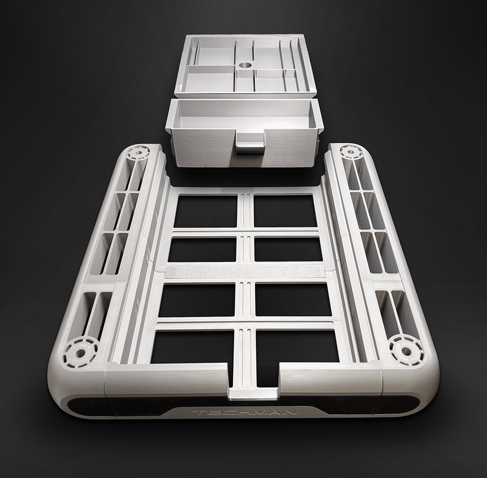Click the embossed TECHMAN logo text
tap(245, 412)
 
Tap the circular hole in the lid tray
tap(246, 66)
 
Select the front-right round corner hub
tap(406, 350)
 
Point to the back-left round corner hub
tap(138, 152)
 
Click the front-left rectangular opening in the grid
tap(192, 347)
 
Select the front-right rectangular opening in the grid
tap(298, 346)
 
